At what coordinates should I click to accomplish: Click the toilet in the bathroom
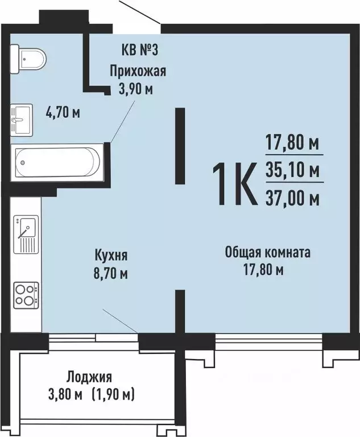28,59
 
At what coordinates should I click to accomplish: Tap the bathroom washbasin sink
22,120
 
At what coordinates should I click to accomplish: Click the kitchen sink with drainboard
26,234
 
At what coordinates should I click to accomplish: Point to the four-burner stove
27,295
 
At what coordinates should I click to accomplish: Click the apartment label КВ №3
139,51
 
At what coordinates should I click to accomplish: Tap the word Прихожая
138,71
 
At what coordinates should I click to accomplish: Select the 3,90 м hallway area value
136,89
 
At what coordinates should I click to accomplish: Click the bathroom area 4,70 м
63,113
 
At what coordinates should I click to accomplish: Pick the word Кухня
111,255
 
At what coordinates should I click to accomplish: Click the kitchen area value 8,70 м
111,273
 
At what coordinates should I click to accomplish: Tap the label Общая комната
267,253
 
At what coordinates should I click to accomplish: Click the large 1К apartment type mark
235,184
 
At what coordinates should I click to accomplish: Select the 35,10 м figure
292,170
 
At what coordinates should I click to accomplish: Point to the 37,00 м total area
292,199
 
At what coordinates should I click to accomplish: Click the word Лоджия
89,377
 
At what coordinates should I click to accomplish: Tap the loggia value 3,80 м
65,395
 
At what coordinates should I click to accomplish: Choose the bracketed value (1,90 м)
113,395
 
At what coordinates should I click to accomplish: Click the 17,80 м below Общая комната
264,270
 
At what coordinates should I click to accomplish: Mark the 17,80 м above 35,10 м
292,143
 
